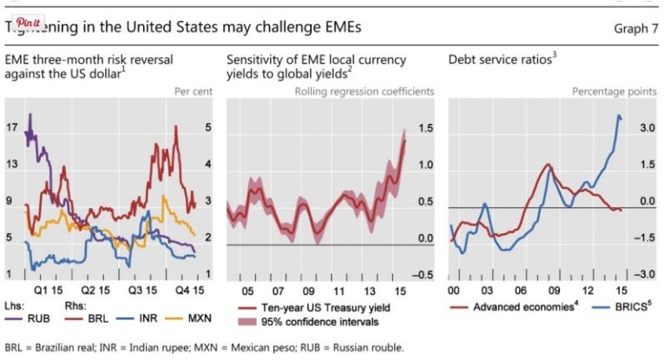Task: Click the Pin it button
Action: [20, 20]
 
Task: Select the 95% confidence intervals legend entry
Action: [305, 323]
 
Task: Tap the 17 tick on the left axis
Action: [11, 128]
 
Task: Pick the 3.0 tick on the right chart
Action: [645, 128]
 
